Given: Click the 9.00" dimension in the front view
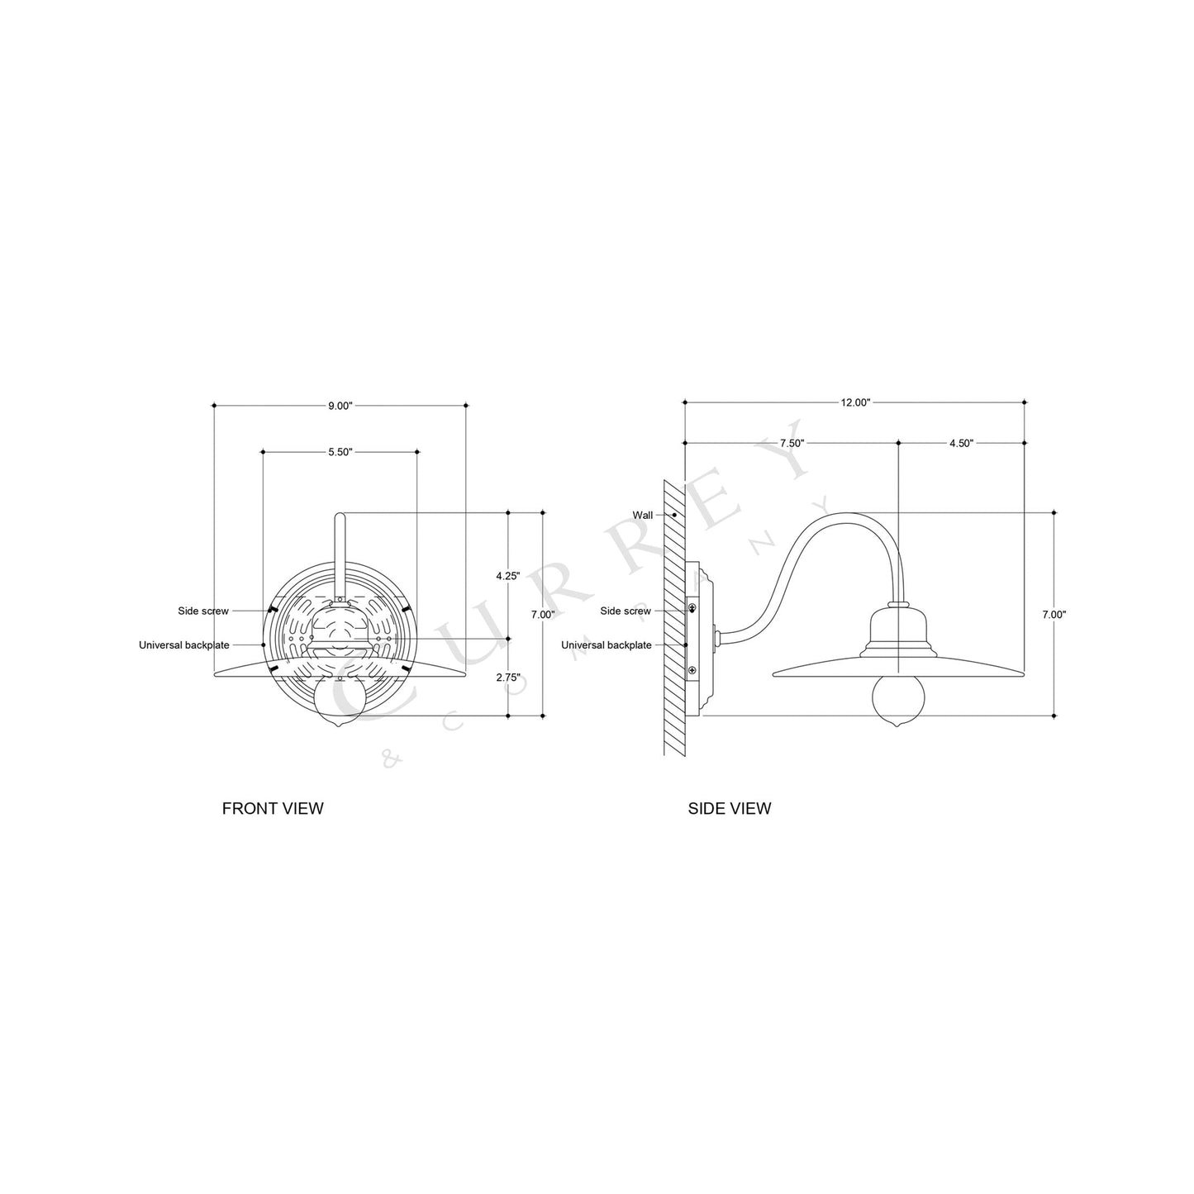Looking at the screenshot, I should pos(340,406).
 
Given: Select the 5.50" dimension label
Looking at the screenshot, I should pos(340,452).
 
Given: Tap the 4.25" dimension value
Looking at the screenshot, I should pos(507,575).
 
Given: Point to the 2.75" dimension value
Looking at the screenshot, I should pos(507,677).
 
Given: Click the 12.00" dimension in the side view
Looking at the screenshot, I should pos(855,402).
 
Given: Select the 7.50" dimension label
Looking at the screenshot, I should pos(792,443).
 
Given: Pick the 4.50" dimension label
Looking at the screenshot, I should pos(961,443).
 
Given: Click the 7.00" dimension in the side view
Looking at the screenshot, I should pos(1054,614).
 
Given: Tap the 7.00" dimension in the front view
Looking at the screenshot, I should pos(543,614).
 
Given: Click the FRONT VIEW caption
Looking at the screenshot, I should pos(273,808).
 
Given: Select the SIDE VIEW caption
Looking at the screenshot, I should pos(730,808).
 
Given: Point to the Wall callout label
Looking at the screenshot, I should pos(643,515).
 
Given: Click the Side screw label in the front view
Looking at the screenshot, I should pos(203,611).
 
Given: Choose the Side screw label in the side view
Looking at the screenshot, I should pos(626,611).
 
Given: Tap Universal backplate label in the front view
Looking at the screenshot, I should pos(184,645).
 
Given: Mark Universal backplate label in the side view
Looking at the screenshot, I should pos(607,645).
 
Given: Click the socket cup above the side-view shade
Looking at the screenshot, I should pos(898,628).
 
